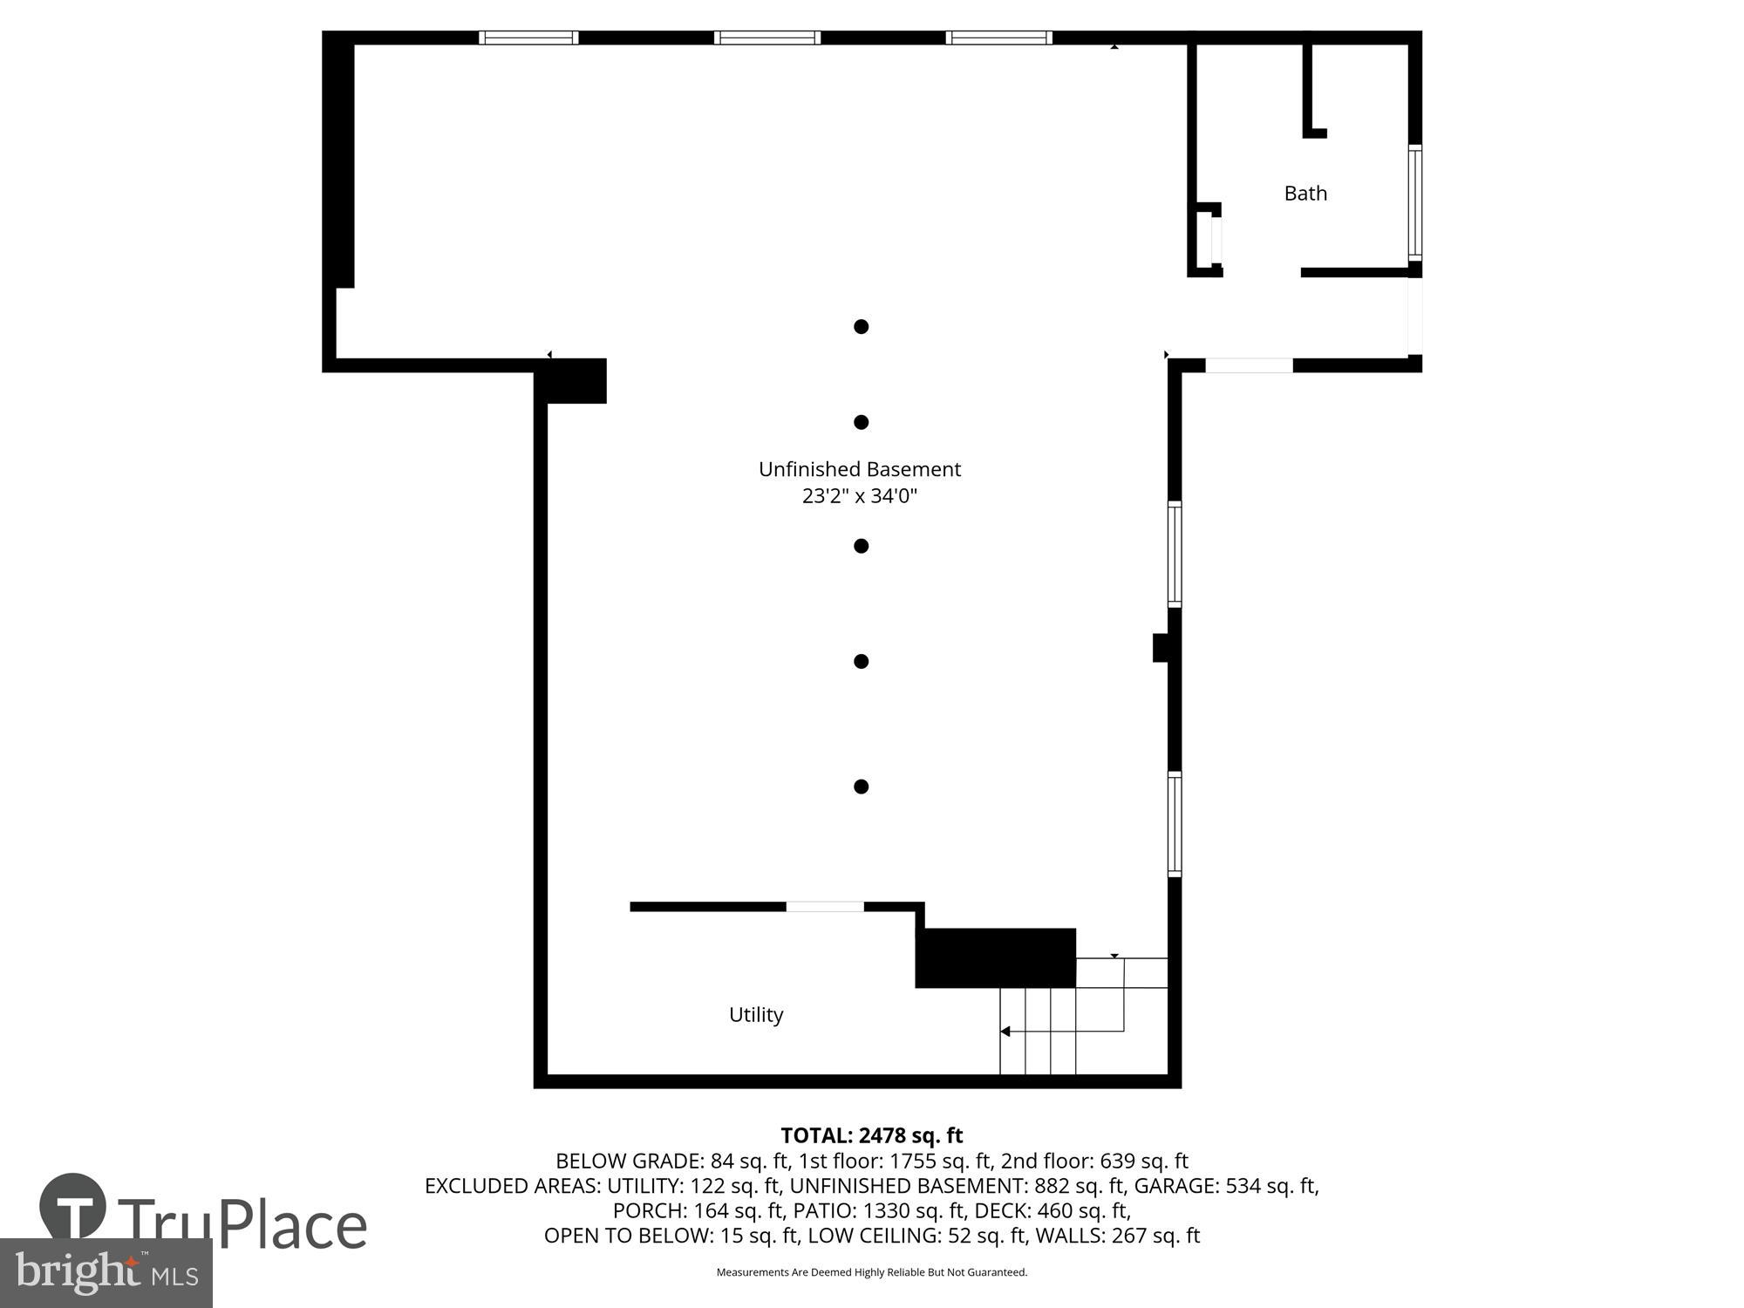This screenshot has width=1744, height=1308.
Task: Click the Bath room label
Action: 1305,193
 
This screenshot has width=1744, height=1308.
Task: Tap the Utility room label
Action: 756,1014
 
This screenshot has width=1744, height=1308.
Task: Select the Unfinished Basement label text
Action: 859,469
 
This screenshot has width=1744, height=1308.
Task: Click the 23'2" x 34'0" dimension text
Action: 859,496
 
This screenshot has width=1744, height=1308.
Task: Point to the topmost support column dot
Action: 861,326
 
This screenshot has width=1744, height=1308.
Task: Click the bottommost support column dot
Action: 861,787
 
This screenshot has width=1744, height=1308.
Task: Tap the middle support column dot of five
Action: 861,546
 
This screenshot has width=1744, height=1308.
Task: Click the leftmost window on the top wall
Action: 528,37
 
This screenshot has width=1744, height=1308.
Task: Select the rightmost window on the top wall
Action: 998,37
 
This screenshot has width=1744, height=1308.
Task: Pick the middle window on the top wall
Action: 766,37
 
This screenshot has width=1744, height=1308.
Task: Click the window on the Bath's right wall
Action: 1414,202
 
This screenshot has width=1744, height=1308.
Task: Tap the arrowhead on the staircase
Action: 1005,1032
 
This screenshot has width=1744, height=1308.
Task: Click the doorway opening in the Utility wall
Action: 825,907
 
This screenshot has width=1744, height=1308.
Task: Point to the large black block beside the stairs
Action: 995,957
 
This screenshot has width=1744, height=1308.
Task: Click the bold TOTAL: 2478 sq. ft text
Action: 871,1135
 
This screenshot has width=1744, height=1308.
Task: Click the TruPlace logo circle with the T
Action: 73,1207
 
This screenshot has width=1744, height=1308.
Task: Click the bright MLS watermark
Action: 106,1273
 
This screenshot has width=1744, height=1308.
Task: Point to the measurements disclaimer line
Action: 871,1272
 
